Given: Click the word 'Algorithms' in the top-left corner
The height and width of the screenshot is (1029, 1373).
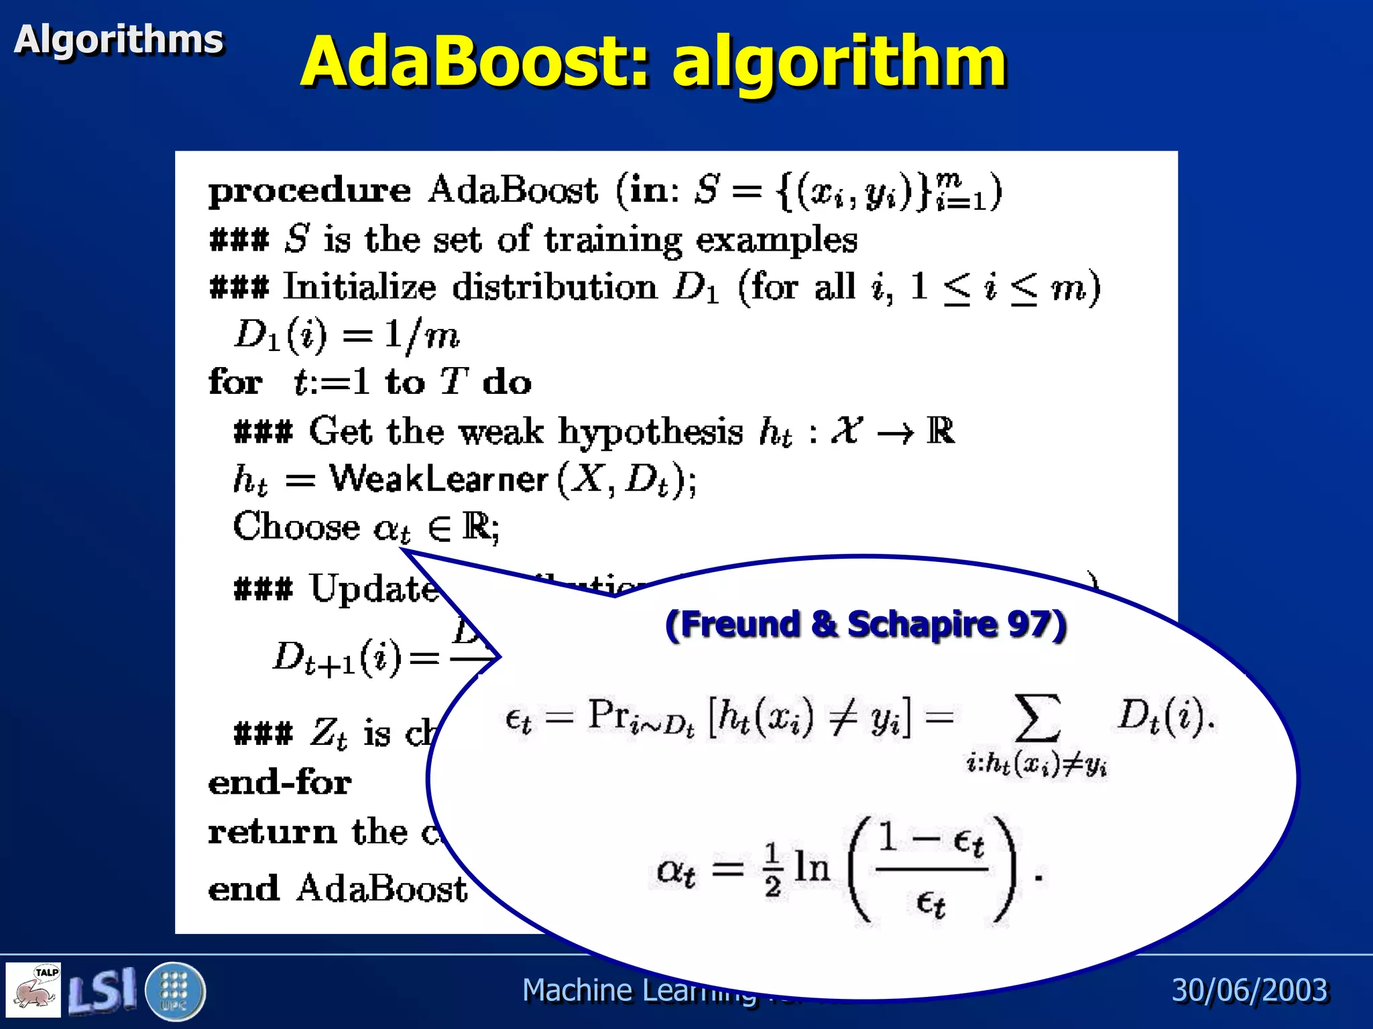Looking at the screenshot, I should (x=119, y=40).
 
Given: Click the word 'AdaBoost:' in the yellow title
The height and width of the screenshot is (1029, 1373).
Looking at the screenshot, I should (x=475, y=62).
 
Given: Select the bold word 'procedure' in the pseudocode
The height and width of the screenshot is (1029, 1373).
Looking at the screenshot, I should (x=310, y=192).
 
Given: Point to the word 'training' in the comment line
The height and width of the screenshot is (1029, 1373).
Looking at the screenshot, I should (x=613, y=240).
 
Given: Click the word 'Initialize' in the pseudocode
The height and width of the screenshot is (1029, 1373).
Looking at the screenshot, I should (x=359, y=287).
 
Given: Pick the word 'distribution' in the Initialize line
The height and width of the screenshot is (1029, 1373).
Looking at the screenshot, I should (x=554, y=287).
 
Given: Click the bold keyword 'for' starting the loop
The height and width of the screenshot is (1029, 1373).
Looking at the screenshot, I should (x=235, y=383).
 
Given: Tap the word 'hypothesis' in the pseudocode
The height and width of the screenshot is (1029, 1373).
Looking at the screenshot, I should (x=650, y=432).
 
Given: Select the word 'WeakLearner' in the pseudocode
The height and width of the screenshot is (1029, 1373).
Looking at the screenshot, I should (x=439, y=480).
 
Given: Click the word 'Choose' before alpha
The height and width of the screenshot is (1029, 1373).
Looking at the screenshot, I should (x=296, y=527).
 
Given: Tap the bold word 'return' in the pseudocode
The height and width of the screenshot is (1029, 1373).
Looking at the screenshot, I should (x=272, y=833).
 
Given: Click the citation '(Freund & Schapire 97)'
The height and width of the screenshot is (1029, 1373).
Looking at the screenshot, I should (x=865, y=624).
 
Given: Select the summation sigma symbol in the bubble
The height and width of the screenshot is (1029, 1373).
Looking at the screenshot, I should (x=1037, y=718).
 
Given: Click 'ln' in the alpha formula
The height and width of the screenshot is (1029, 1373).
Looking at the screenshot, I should (x=812, y=868).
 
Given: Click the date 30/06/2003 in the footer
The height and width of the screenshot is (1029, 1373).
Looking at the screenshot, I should (x=1250, y=990).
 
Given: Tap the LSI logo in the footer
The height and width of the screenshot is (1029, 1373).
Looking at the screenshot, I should (x=103, y=990).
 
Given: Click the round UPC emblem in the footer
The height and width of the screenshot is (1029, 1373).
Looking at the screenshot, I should (x=174, y=991).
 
